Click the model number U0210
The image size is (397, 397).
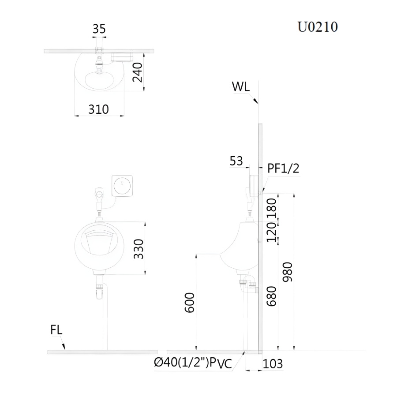pos(318,27)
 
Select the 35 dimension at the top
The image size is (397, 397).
pos(99,29)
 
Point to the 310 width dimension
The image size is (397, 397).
pos(98,109)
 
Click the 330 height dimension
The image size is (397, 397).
pos(139,249)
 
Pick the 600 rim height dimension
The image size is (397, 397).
pos(189,303)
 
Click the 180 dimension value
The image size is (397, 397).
pos(272,207)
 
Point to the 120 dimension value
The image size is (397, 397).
pos(272,232)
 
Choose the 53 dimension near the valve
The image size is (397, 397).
pos(236,161)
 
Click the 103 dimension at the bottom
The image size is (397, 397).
pos(273,364)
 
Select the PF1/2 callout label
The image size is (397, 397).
pos(284,168)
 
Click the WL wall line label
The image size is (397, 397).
pos(241,87)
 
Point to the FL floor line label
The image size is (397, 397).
pos(56,330)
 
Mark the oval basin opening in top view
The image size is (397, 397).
pos(101,80)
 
